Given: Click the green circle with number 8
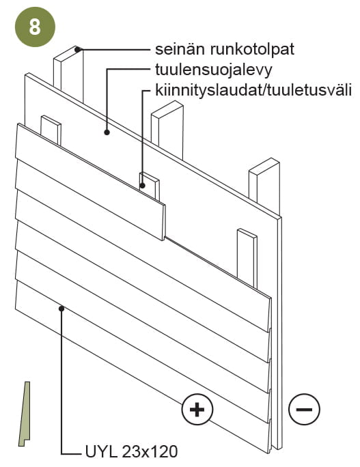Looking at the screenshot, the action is click(x=35, y=27).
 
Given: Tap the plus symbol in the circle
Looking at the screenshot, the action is click(x=197, y=409).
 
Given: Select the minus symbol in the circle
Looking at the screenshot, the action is click(x=304, y=409).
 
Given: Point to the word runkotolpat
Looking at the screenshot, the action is click(x=252, y=49).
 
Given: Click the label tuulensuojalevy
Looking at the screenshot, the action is click(x=213, y=70).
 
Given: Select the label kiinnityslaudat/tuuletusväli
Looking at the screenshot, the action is click(x=253, y=90).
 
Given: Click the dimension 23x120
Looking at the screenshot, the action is click(x=150, y=451).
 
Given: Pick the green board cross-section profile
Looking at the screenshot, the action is click(x=25, y=414).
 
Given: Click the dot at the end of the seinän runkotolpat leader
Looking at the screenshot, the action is click(x=78, y=49).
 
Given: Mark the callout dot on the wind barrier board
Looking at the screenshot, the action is click(x=107, y=132).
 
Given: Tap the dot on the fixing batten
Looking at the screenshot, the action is click(x=143, y=186).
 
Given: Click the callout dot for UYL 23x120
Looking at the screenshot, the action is click(x=61, y=309).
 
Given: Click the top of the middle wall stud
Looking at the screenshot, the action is click(x=167, y=108).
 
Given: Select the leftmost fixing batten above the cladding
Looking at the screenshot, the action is click(x=51, y=130).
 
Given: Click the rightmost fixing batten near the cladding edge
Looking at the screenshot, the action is click(x=247, y=258).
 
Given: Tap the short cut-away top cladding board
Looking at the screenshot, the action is click(x=90, y=182).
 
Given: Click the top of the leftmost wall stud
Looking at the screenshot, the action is click(x=68, y=54).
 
